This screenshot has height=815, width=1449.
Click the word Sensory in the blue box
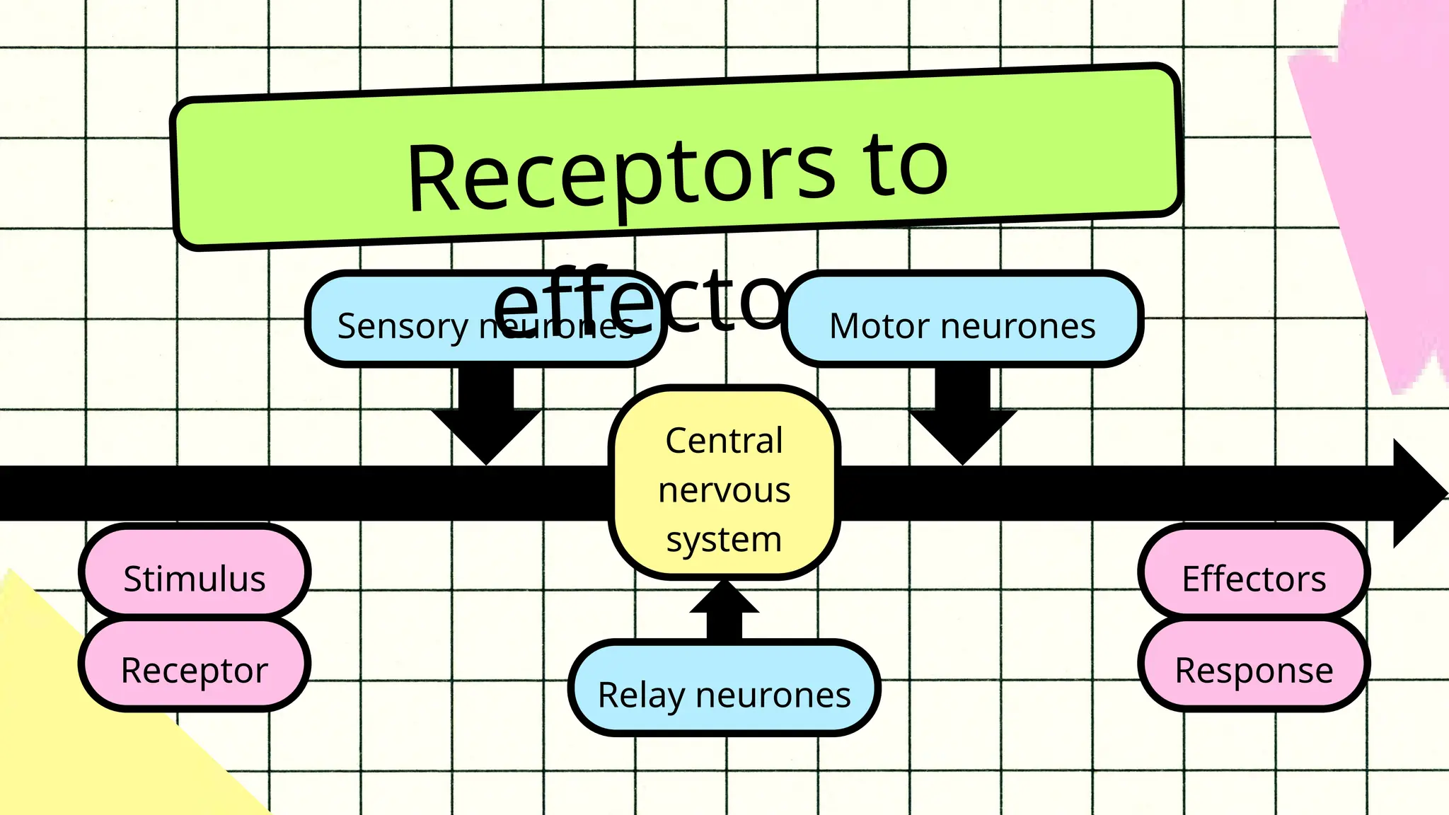[402, 327]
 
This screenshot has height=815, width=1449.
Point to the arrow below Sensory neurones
[486, 417]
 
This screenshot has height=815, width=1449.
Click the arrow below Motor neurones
[963, 417]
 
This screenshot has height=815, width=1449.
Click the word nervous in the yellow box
[724, 490]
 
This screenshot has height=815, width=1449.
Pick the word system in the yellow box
[724, 540]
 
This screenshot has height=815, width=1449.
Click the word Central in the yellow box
[724, 441]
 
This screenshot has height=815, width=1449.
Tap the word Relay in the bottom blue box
[641, 695]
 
